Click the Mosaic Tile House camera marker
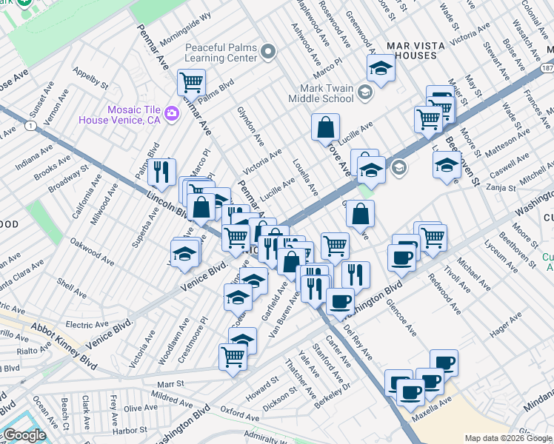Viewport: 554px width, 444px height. [172, 113]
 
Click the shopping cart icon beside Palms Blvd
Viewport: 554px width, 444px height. [191, 82]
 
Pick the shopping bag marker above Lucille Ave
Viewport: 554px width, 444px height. [326, 127]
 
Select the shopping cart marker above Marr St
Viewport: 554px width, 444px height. [233, 357]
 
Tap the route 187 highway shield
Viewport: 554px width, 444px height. [547, 67]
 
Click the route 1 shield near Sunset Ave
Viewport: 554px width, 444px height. [28, 127]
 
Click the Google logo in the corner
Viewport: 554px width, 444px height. [24, 435]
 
